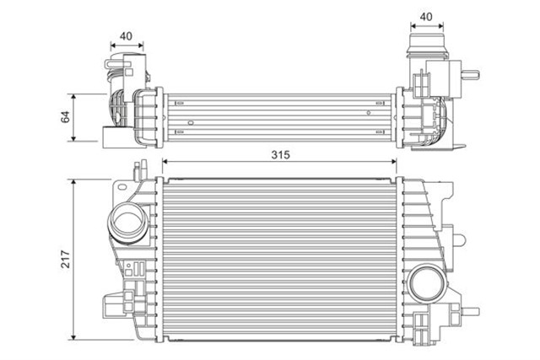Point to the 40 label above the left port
(126, 36)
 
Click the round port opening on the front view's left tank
(129, 224)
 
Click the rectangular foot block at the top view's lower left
(109, 136)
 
